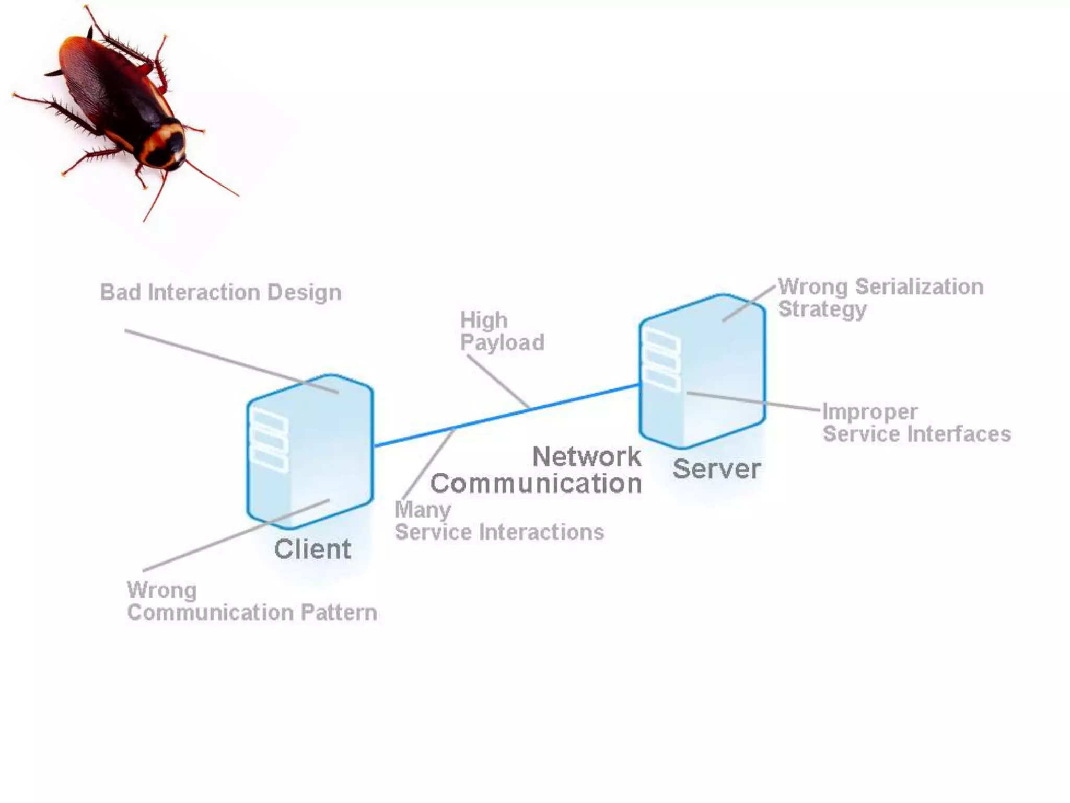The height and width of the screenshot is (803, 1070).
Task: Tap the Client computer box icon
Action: point(309,451)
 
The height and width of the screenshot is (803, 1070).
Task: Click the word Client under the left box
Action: point(312,549)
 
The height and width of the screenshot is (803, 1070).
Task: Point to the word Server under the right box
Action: point(716,468)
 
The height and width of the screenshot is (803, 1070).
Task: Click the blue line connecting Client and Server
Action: point(507,415)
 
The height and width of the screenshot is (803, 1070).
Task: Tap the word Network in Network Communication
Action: point(587,456)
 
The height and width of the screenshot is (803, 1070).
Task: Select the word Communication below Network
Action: point(536,484)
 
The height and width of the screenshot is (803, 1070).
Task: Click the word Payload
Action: point(502,343)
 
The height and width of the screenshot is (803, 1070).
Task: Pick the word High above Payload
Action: point(483,320)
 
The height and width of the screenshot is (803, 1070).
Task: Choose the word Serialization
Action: point(919,286)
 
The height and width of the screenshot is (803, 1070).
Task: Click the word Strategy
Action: point(822,309)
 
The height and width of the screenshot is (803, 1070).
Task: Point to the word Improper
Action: point(870,411)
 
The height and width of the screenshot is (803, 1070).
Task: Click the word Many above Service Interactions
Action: point(423,510)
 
